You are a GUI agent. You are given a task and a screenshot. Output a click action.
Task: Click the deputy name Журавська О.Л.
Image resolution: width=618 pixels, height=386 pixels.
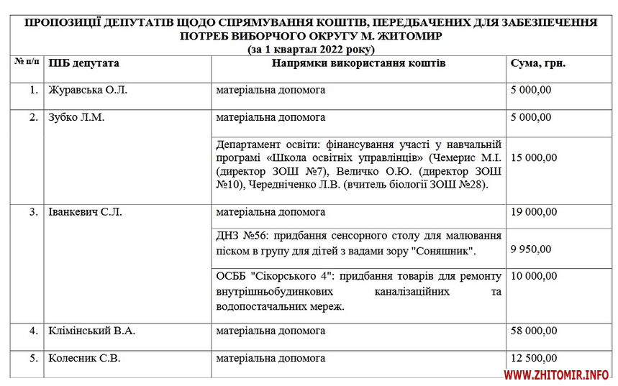pos(88,91)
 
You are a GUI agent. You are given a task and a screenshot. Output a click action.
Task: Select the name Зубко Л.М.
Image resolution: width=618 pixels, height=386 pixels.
pos(76,117)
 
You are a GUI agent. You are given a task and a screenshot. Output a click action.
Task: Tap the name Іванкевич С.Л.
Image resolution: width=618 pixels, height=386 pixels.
pos(85,212)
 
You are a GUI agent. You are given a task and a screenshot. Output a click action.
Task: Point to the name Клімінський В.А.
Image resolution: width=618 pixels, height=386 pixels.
pos(91,331)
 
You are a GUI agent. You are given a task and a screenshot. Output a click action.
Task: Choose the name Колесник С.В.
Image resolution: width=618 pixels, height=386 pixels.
pos(83,357)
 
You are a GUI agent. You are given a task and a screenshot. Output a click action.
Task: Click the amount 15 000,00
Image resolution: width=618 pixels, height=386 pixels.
pos(534,157)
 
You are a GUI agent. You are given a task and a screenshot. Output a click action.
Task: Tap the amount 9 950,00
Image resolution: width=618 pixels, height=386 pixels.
pos(530,249)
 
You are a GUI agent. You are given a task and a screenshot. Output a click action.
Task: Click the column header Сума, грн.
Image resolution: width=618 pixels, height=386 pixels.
pos(537,63)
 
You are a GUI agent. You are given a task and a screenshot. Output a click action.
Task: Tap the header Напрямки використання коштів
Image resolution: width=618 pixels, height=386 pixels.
pos(358,63)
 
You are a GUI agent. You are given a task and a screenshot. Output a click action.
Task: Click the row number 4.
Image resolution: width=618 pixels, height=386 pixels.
pos(34,331)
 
